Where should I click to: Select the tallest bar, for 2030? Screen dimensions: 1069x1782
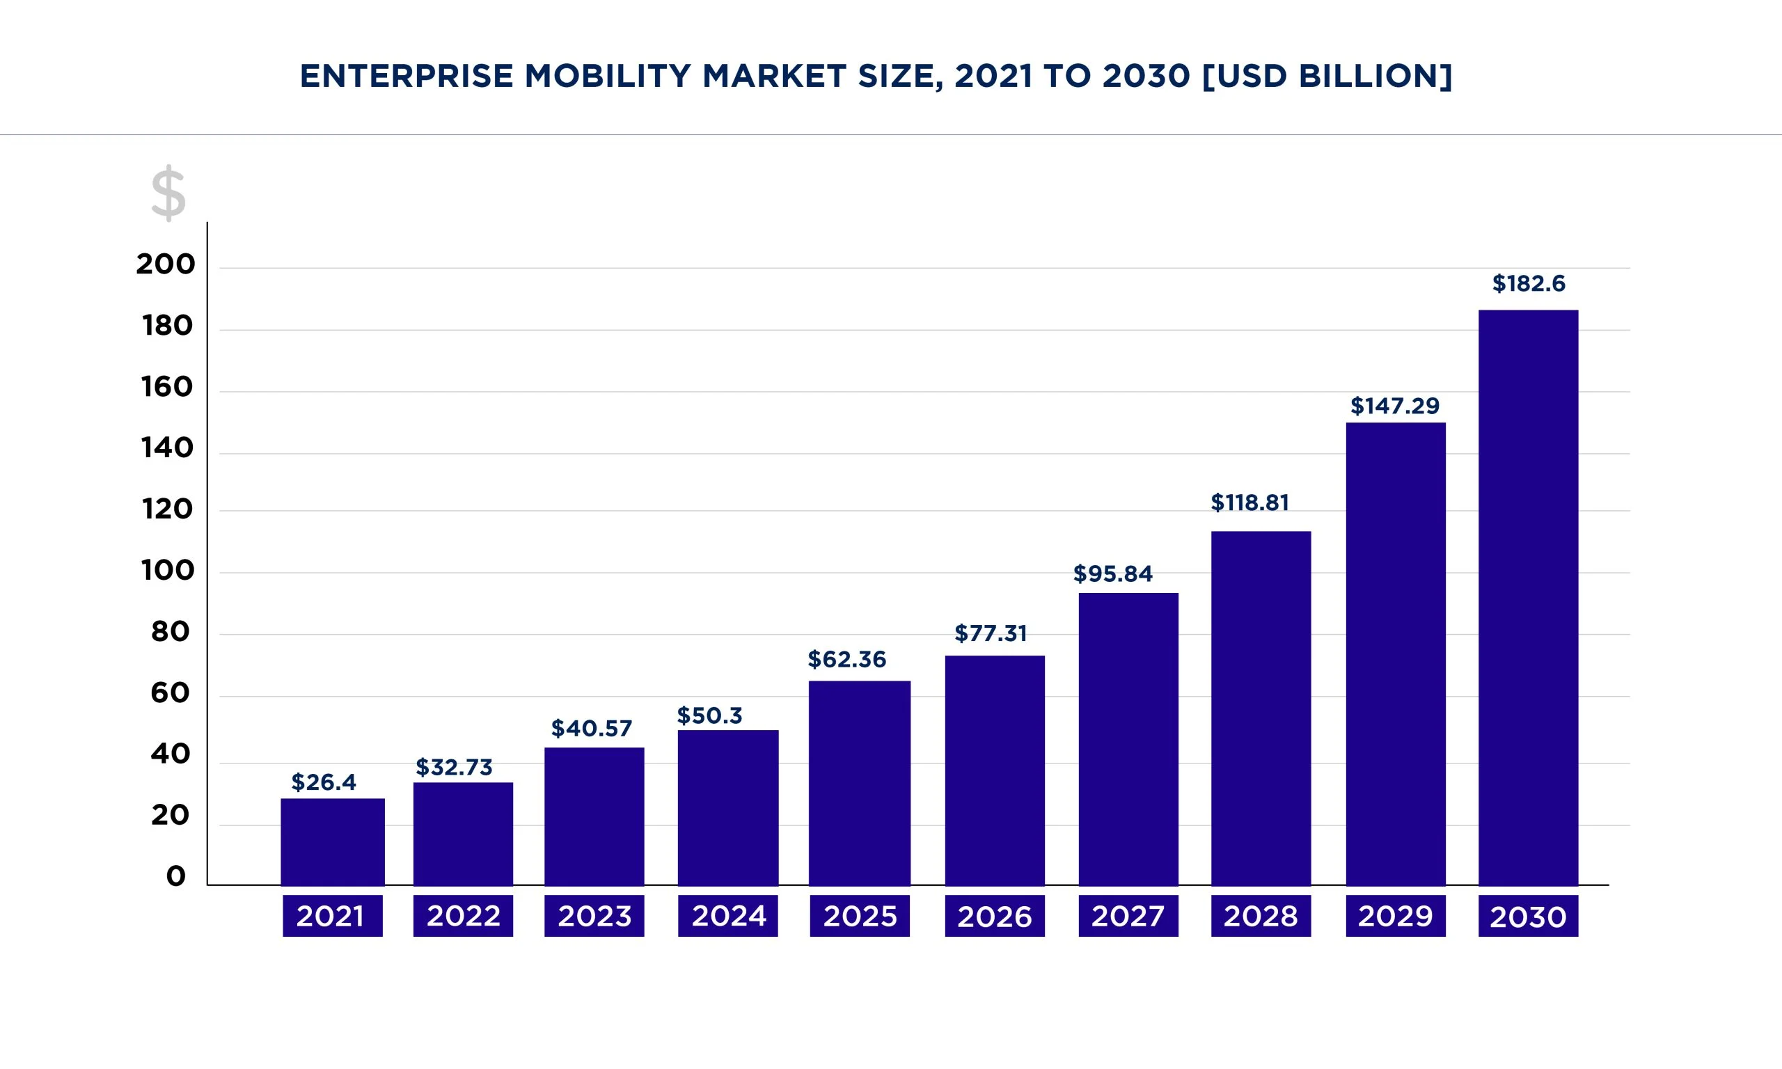pyautogui.click(x=1528, y=597)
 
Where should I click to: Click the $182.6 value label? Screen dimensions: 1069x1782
pyautogui.click(x=1529, y=283)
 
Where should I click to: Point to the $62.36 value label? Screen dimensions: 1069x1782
pyautogui.click(x=846, y=659)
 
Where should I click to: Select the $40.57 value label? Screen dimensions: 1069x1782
pyautogui.click(x=592, y=728)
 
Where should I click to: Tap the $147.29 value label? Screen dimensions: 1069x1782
pyautogui.click(x=1394, y=406)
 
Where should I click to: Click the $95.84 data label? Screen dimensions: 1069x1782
pyautogui.click(x=1113, y=573)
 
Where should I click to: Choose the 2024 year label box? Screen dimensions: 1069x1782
pyautogui.click(x=727, y=916)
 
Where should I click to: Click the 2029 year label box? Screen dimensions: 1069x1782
pyautogui.click(x=1395, y=916)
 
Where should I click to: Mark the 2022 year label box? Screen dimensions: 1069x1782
pyautogui.click(x=462, y=916)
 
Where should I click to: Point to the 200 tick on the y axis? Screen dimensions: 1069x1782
pyautogui.click(x=165, y=264)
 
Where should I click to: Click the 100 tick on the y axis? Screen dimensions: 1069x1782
pyautogui.click(x=167, y=571)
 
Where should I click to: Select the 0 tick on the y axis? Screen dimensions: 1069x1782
pyautogui.click(x=175, y=876)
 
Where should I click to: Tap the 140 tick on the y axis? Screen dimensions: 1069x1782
pyautogui.click(x=167, y=448)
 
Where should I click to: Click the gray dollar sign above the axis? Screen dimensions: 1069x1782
pyautogui.click(x=168, y=193)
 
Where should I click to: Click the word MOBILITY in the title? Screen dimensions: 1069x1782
pyautogui.click(x=607, y=76)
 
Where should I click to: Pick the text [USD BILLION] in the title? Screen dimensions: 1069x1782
pyautogui.click(x=1327, y=76)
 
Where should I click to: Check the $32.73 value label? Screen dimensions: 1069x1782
pyautogui.click(x=454, y=767)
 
